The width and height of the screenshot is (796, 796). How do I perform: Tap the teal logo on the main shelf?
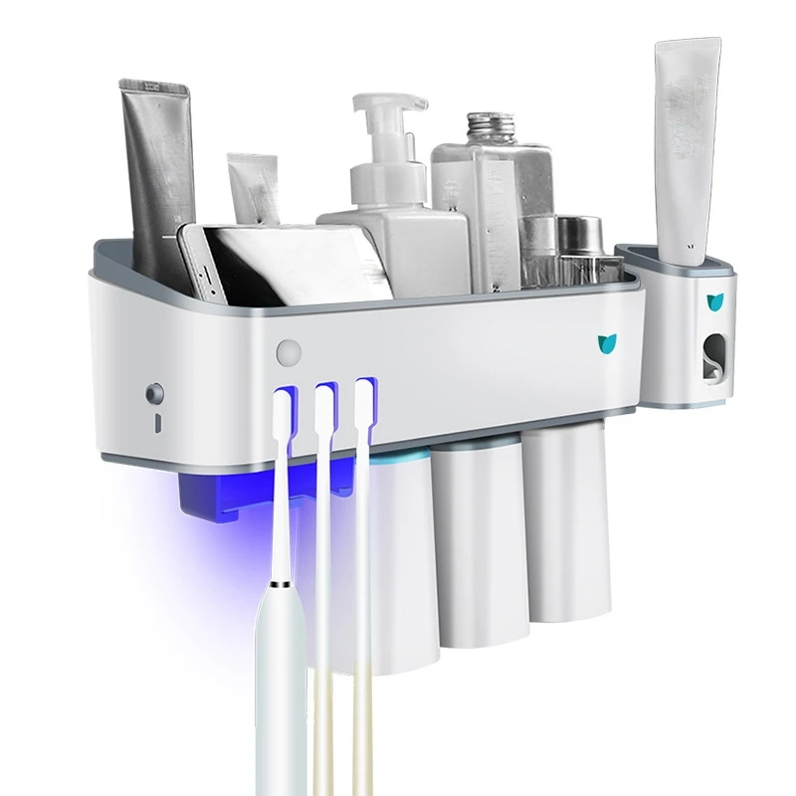(x=606, y=343)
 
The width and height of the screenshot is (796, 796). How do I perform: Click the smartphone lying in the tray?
(x=279, y=261)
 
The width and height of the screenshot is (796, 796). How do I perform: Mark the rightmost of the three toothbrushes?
(x=364, y=597)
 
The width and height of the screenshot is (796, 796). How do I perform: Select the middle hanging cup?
(x=476, y=567)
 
